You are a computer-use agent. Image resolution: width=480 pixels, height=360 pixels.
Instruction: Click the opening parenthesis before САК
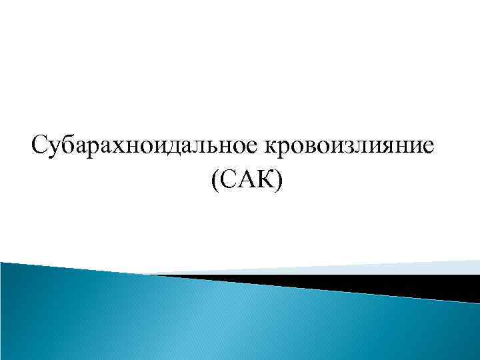click(214, 180)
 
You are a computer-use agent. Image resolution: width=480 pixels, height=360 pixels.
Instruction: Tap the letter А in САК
click(243, 179)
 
